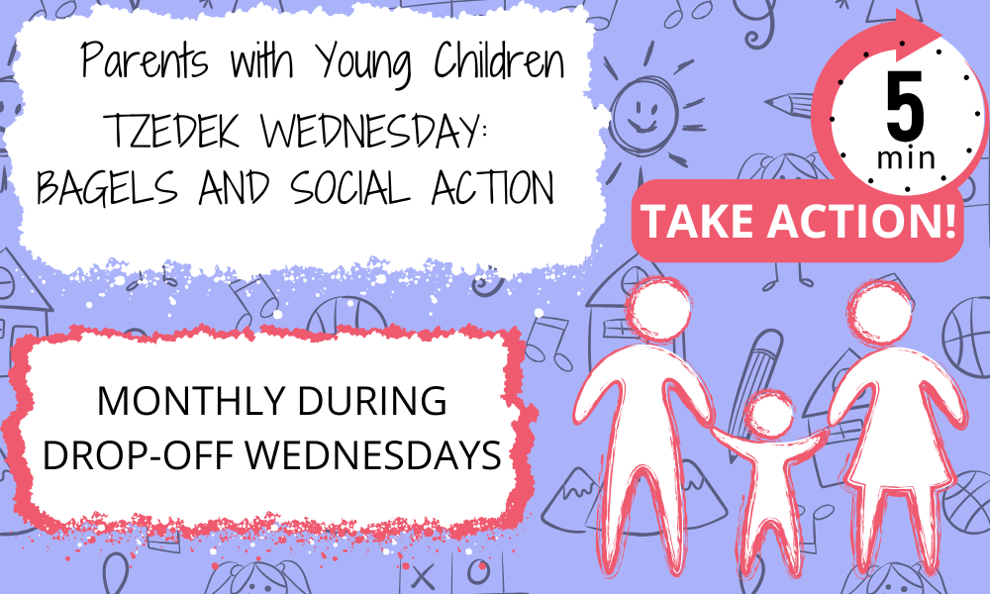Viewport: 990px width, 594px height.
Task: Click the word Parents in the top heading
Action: point(145,60)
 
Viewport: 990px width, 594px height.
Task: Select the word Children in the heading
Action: point(499,60)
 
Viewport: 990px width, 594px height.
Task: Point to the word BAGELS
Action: point(107,188)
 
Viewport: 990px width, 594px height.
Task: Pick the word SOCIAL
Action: point(350,188)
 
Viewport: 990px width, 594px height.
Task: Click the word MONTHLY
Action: point(191,400)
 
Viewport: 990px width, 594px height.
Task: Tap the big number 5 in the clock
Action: point(905,106)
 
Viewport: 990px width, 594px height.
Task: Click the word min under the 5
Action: point(906,157)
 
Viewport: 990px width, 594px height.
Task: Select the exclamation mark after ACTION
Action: point(950,220)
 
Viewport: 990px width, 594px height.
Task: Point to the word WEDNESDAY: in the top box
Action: point(375,130)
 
